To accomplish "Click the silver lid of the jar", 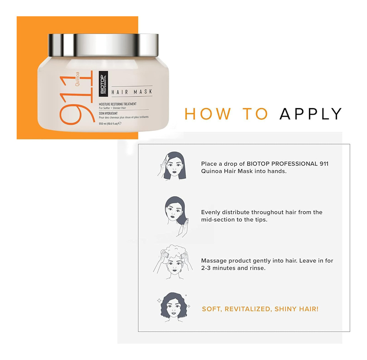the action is (x=103, y=45).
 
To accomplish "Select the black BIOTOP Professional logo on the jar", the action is (x=103, y=83).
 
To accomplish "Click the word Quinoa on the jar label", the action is (x=77, y=79).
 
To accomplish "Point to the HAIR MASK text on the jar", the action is (x=132, y=92).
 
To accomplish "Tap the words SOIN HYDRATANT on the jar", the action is (x=108, y=113).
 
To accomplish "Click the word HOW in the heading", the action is (x=208, y=114).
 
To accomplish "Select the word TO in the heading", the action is (x=255, y=114).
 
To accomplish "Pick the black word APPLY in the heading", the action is (x=310, y=114).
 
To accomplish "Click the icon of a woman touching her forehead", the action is (x=172, y=166).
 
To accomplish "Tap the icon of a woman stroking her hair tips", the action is (x=176, y=217).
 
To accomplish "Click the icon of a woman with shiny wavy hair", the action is (x=174, y=308).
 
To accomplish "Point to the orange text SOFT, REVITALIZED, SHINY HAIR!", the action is (x=260, y=309).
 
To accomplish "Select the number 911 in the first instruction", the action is (x=324, y=164).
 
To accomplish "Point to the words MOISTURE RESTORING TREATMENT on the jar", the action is (x=118, y=104).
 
